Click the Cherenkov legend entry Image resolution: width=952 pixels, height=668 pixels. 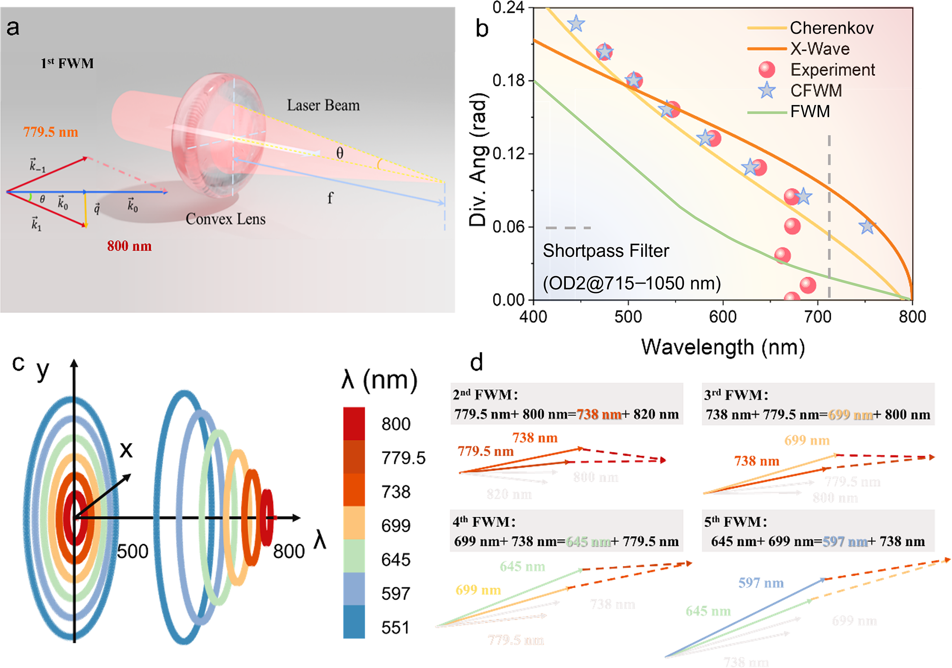pyautogui.click(x=831, y=28)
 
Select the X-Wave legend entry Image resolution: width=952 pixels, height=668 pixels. pyautogui.click(x=820, y=48)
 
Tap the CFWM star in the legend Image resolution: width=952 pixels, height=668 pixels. pyautogui.click(x=767, y=90)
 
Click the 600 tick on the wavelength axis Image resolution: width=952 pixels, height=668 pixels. pyautogui.click(x=723, y=317)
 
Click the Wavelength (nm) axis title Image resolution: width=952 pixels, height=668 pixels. pyautogui.click(x=723, y=347)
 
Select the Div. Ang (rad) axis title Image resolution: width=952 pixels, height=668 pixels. pyautogui.click(x=478, y=159)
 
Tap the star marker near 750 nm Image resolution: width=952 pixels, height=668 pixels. pyautogui.click(x=867, y=227)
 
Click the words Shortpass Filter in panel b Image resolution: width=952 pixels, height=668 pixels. pyautogui.click(x=605, y=250)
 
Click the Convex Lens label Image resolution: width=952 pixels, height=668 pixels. pyautogui.click(x=225, y=219)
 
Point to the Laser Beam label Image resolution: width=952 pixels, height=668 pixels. pyautogui.click(x=323, y=105)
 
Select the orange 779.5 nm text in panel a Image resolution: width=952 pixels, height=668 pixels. pyautogui.click(x=51, y=132)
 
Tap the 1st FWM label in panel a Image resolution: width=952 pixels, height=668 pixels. pyautogui.click(x=67, y=63)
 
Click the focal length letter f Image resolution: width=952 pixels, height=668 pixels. pyautogui.click(x=330, y=198)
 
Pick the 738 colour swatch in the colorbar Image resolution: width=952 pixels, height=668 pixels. pyautogui.click(x=354, y=490)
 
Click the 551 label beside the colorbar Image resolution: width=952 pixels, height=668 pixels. pyautogui.click(x=396, y=628)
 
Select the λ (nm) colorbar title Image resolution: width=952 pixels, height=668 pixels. pyautogui.click(x=379, y=379)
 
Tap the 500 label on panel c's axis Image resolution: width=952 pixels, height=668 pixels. pyautogui.click(x=132, y=551)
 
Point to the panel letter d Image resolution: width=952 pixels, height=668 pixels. pyautogui.click(x=476, y=362)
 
